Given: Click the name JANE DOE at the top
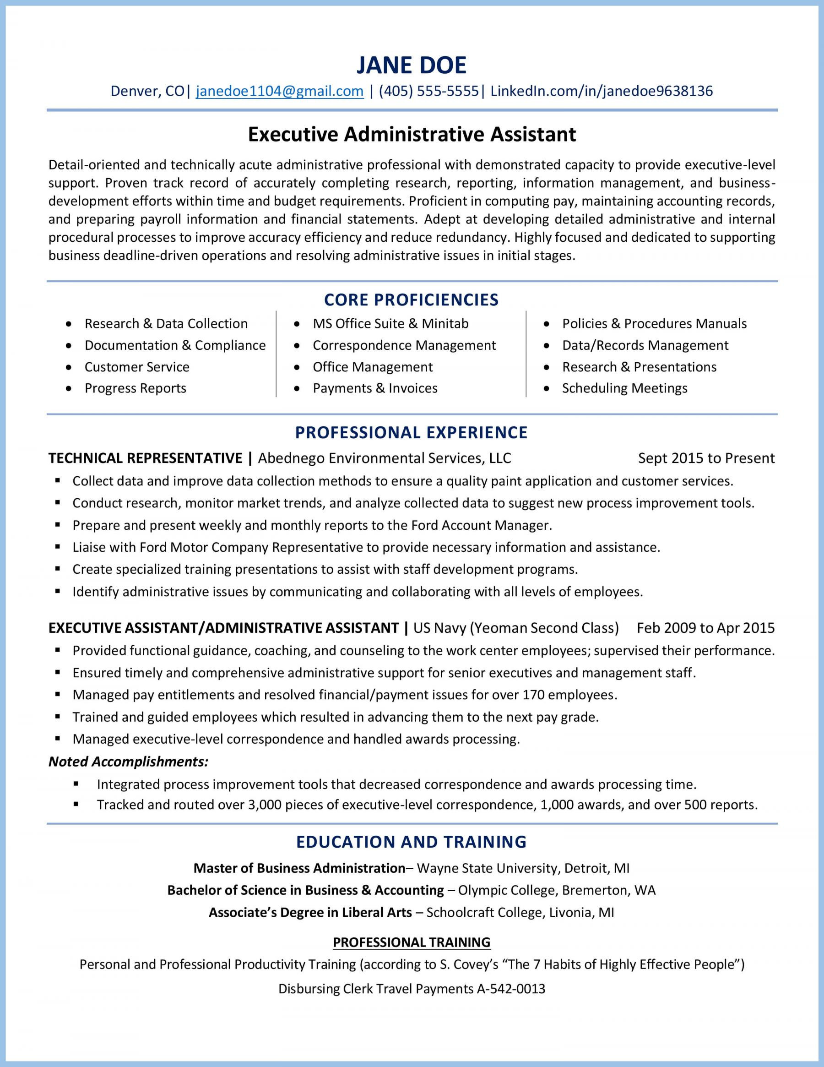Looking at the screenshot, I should (x=411, y=65).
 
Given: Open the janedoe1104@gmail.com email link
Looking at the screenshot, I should (x=279, y=91).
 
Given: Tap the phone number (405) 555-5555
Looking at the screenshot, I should (x=428, y=91).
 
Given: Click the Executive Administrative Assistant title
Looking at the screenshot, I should (x=412, y=134).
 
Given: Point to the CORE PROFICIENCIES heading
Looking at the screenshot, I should (x=411, y=299).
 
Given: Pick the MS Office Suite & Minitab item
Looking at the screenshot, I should (x=390, y=323).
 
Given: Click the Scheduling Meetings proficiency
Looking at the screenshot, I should (x=624, y=388).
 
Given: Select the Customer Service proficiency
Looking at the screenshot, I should (x=137, y=367).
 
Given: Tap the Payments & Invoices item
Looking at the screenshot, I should (x=374, y=388).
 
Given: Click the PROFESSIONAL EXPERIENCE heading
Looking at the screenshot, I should (x=411, y=432).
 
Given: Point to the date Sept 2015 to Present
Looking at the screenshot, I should (x=706, y=458).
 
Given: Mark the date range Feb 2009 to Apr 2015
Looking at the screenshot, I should (x=705, y=627).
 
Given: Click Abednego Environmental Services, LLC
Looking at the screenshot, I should (x=384, y=458).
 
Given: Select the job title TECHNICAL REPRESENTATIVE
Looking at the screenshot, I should (x=145, y=458).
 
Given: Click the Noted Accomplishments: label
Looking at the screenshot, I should (x=129, y=761).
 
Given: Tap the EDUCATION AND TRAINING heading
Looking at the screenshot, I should (x=411, y=841).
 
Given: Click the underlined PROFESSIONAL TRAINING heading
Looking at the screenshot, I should (x=411, y=942).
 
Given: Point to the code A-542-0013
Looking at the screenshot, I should (x=510, y=989).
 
